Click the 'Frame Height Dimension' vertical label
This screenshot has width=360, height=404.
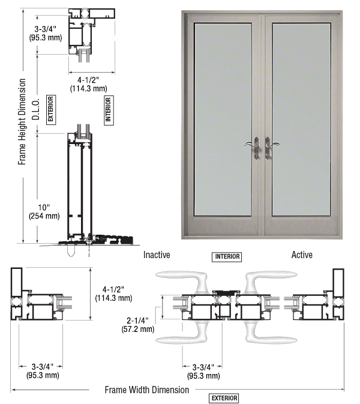click(x=22, y=122)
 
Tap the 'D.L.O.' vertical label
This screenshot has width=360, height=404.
click(x=36, y=109)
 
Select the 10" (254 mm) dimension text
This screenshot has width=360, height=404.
click(x=44, y=211)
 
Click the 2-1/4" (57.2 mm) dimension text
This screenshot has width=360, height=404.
click(x=138, y=325)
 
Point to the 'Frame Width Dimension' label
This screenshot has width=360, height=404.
click(x=147, y=390)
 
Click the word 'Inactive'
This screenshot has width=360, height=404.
click(x=157, y=255)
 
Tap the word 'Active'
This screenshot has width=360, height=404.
click(x=302, y=255)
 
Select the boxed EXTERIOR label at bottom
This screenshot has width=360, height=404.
click(x=224, y=398)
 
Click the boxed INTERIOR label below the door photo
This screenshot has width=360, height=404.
click(x=227, y=257)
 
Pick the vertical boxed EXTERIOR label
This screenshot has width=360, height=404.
click(x=51, y=110)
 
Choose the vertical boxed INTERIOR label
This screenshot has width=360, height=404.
click(x=109, y=110)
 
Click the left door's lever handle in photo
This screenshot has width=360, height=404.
click(x=253, y=148)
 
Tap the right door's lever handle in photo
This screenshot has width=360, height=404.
click(x=271, y=148)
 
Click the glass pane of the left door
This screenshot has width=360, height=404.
click(x=223, y=119)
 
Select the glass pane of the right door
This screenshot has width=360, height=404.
click(x=301, y=119)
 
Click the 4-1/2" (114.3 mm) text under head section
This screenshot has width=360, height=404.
click(x=88, y=84)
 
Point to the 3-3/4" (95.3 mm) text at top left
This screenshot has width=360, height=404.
click(x=46, y=33)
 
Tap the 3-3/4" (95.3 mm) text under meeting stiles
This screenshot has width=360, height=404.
click(x=203, y=371)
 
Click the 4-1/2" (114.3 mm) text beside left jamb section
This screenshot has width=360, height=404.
click(x=113, y=294)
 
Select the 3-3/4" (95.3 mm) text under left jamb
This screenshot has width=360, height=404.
click(x=43, y=371)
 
